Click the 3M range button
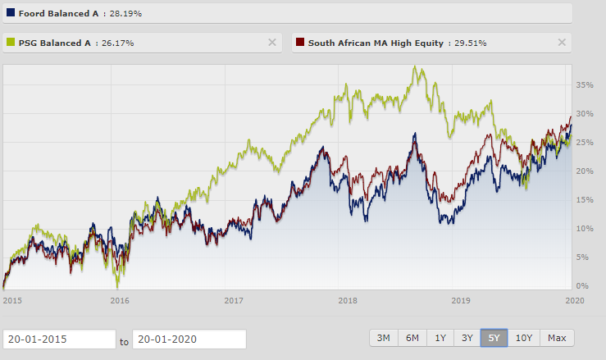coord(383,338)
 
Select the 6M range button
coord(412,338)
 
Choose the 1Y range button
coord(440,338)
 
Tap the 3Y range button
coord(467,338)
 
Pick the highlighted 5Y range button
coord(494,338)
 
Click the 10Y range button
coord(522,338)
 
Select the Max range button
coord(557,338)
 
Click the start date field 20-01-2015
coord(59,339)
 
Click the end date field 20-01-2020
coord(189,339)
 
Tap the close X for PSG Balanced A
coord(272,43)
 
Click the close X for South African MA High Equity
coord(562,43)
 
